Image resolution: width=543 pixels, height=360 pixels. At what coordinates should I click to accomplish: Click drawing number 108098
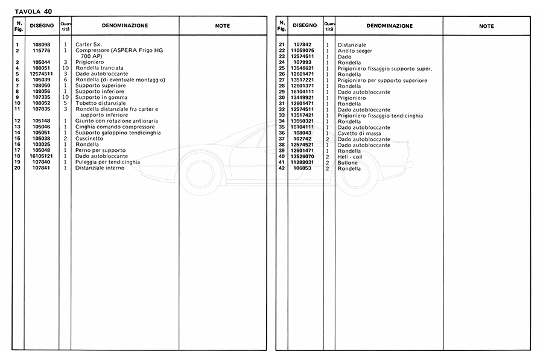pos(42,45)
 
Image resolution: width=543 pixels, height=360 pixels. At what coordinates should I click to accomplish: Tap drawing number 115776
pos(42,51)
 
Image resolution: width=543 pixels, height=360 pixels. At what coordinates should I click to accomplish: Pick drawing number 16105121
pos(42,156)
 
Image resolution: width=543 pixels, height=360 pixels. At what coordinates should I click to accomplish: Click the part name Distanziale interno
pos(100,168)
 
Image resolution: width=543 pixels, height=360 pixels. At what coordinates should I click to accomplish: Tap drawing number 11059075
pos(304,51)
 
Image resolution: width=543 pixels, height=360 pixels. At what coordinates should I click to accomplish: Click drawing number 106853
pos(304,168)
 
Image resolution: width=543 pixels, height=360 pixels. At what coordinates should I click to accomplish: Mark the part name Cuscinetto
pos(91,139)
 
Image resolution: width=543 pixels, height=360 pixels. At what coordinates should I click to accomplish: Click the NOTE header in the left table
pos(222,26)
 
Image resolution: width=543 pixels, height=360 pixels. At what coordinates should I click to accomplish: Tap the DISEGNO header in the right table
pos(304,26)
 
